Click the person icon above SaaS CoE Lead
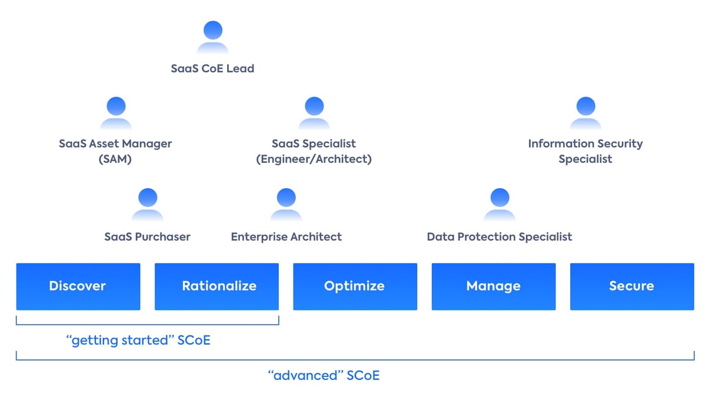(212, 38)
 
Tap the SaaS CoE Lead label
(212, 68)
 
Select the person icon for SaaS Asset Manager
(115, 113)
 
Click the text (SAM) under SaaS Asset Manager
(115, 159)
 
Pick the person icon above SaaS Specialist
(314, 113)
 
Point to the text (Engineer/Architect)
(314, 159)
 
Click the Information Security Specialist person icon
(585, 113)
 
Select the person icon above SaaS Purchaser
(147, 205)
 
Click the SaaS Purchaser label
(147, 236)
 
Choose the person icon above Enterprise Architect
(286, 205)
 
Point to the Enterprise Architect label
(286, 236)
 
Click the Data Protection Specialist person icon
(499, 205)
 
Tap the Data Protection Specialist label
(499, 236)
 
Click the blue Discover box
(78, 286)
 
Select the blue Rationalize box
(217, 286)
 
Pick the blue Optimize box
(355, 286)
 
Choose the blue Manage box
(494, 286)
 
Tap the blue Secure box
(632, 286)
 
